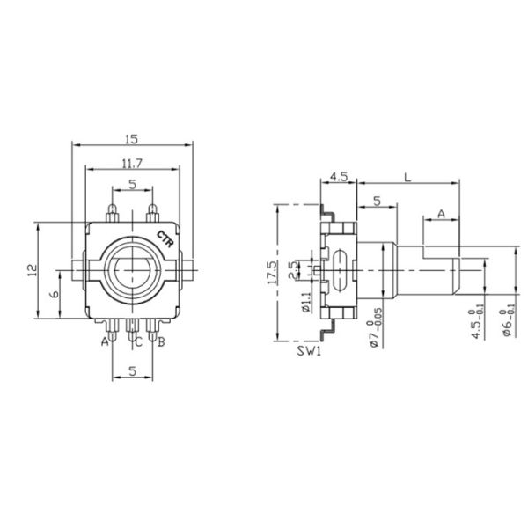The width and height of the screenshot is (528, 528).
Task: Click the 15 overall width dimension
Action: click(132, 139)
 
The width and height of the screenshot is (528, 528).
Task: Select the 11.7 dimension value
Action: click(132, 162)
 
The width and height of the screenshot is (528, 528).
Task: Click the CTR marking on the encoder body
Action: click(164, 238)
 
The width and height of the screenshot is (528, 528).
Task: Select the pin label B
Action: click(161, 342)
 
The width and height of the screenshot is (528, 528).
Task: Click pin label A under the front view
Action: click(104, 341)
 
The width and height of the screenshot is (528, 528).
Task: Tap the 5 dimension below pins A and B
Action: click(132, 371)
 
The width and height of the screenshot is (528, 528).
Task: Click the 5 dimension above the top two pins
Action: click(132, 184)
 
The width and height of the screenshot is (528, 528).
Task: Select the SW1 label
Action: click(307, 353)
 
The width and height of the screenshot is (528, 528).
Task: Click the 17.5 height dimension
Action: click(274, 272)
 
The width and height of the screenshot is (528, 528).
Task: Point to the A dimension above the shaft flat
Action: click(440, 213)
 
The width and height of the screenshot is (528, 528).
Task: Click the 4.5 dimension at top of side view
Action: click(338, 177)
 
